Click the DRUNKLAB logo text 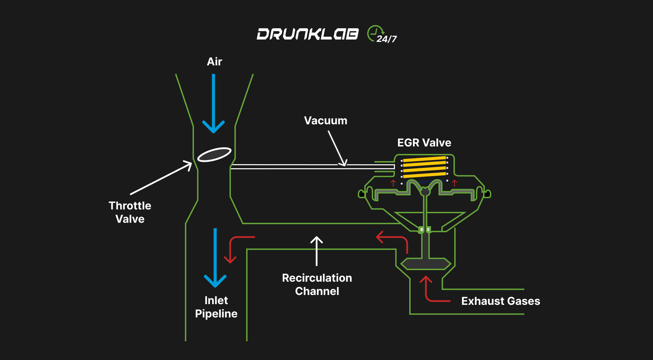[307, 34]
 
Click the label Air [214, 62]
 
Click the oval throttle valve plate [214, 155]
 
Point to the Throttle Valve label [130, 212]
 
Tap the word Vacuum [325, 121]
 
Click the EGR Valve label [424, 143]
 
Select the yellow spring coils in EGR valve [425, 167]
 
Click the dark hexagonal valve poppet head [426, 264]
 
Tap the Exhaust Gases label [500, 301]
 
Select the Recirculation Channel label [317, 284]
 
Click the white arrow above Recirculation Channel [317, 251]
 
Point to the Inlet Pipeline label [216, 307]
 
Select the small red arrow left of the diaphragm [393, 183]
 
